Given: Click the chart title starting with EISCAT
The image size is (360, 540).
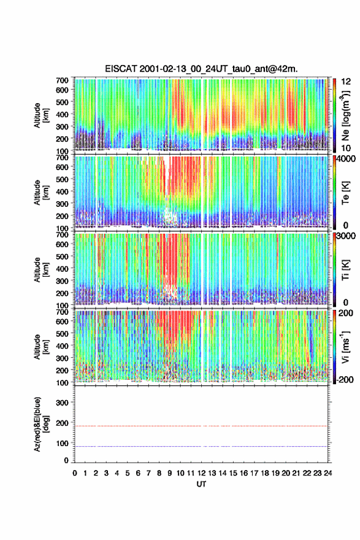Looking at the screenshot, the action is pos(201,69).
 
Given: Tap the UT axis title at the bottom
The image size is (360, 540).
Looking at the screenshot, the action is pos(201,484).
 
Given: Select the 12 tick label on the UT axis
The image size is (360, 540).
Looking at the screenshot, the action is pos(201,473).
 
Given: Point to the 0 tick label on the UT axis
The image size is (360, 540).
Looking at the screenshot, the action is pos(75,473).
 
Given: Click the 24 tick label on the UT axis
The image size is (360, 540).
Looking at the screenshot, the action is pos(327,473).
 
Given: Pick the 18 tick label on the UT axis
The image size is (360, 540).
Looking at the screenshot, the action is pos(265,473).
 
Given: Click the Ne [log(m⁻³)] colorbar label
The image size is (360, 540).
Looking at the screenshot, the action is pos(346,115).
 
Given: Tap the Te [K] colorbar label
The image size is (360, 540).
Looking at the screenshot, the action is pos(345,193).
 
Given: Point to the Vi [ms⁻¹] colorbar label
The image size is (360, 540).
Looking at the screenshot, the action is pos(346,347).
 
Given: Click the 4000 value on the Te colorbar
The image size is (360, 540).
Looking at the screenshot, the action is pos(347,160).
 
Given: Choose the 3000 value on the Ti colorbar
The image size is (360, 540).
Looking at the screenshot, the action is pos(347,236).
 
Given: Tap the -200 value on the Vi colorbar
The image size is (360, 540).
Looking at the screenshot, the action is pos(345,379).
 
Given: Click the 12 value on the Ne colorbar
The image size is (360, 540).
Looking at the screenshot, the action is pos(347,82).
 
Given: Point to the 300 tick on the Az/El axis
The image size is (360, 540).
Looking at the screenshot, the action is pos(63,403).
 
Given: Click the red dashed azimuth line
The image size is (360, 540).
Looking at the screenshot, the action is pos(201,426).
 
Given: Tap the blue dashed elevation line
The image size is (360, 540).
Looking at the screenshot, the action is pos(201,446).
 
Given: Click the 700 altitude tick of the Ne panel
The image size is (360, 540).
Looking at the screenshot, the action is pos(63,80).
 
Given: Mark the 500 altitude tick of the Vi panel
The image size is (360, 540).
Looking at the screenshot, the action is pos(63,333).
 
